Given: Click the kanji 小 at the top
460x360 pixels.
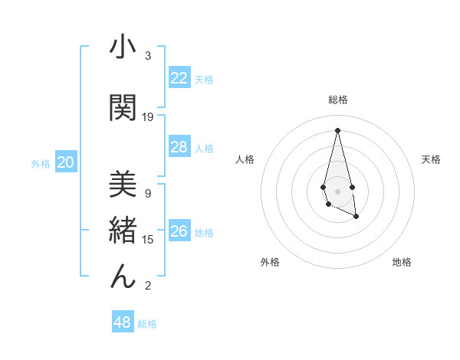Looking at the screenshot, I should (123, 47).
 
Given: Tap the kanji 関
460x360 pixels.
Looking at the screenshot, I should (123, 106).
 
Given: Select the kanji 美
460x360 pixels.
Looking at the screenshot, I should (123, 184).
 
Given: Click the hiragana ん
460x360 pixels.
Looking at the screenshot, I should (123, 275).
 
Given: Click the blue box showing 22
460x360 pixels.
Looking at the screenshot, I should (179, 78).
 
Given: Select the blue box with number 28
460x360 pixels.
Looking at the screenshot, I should (179, 147).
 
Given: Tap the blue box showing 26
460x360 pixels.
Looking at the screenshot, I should (179, 231).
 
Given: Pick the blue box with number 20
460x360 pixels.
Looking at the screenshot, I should (66, 162).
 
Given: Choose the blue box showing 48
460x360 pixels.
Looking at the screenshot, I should (123, 322).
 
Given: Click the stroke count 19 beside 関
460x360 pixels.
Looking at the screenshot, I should (148, 116).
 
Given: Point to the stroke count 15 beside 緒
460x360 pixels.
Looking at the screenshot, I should (148, 240).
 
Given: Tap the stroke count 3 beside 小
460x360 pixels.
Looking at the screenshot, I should (148, 56).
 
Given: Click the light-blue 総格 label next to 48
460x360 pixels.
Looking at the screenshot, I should (147, 324).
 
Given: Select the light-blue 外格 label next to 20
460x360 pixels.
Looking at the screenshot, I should (41, 164).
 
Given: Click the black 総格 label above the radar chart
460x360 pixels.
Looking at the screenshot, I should (337, 100).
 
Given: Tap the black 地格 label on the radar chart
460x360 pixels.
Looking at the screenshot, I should (402, 263).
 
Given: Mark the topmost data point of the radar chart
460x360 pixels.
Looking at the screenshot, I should (337, 129).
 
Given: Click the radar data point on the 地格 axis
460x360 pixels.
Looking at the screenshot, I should (356, 218).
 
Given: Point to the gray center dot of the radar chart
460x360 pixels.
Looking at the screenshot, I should (337, 191).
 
